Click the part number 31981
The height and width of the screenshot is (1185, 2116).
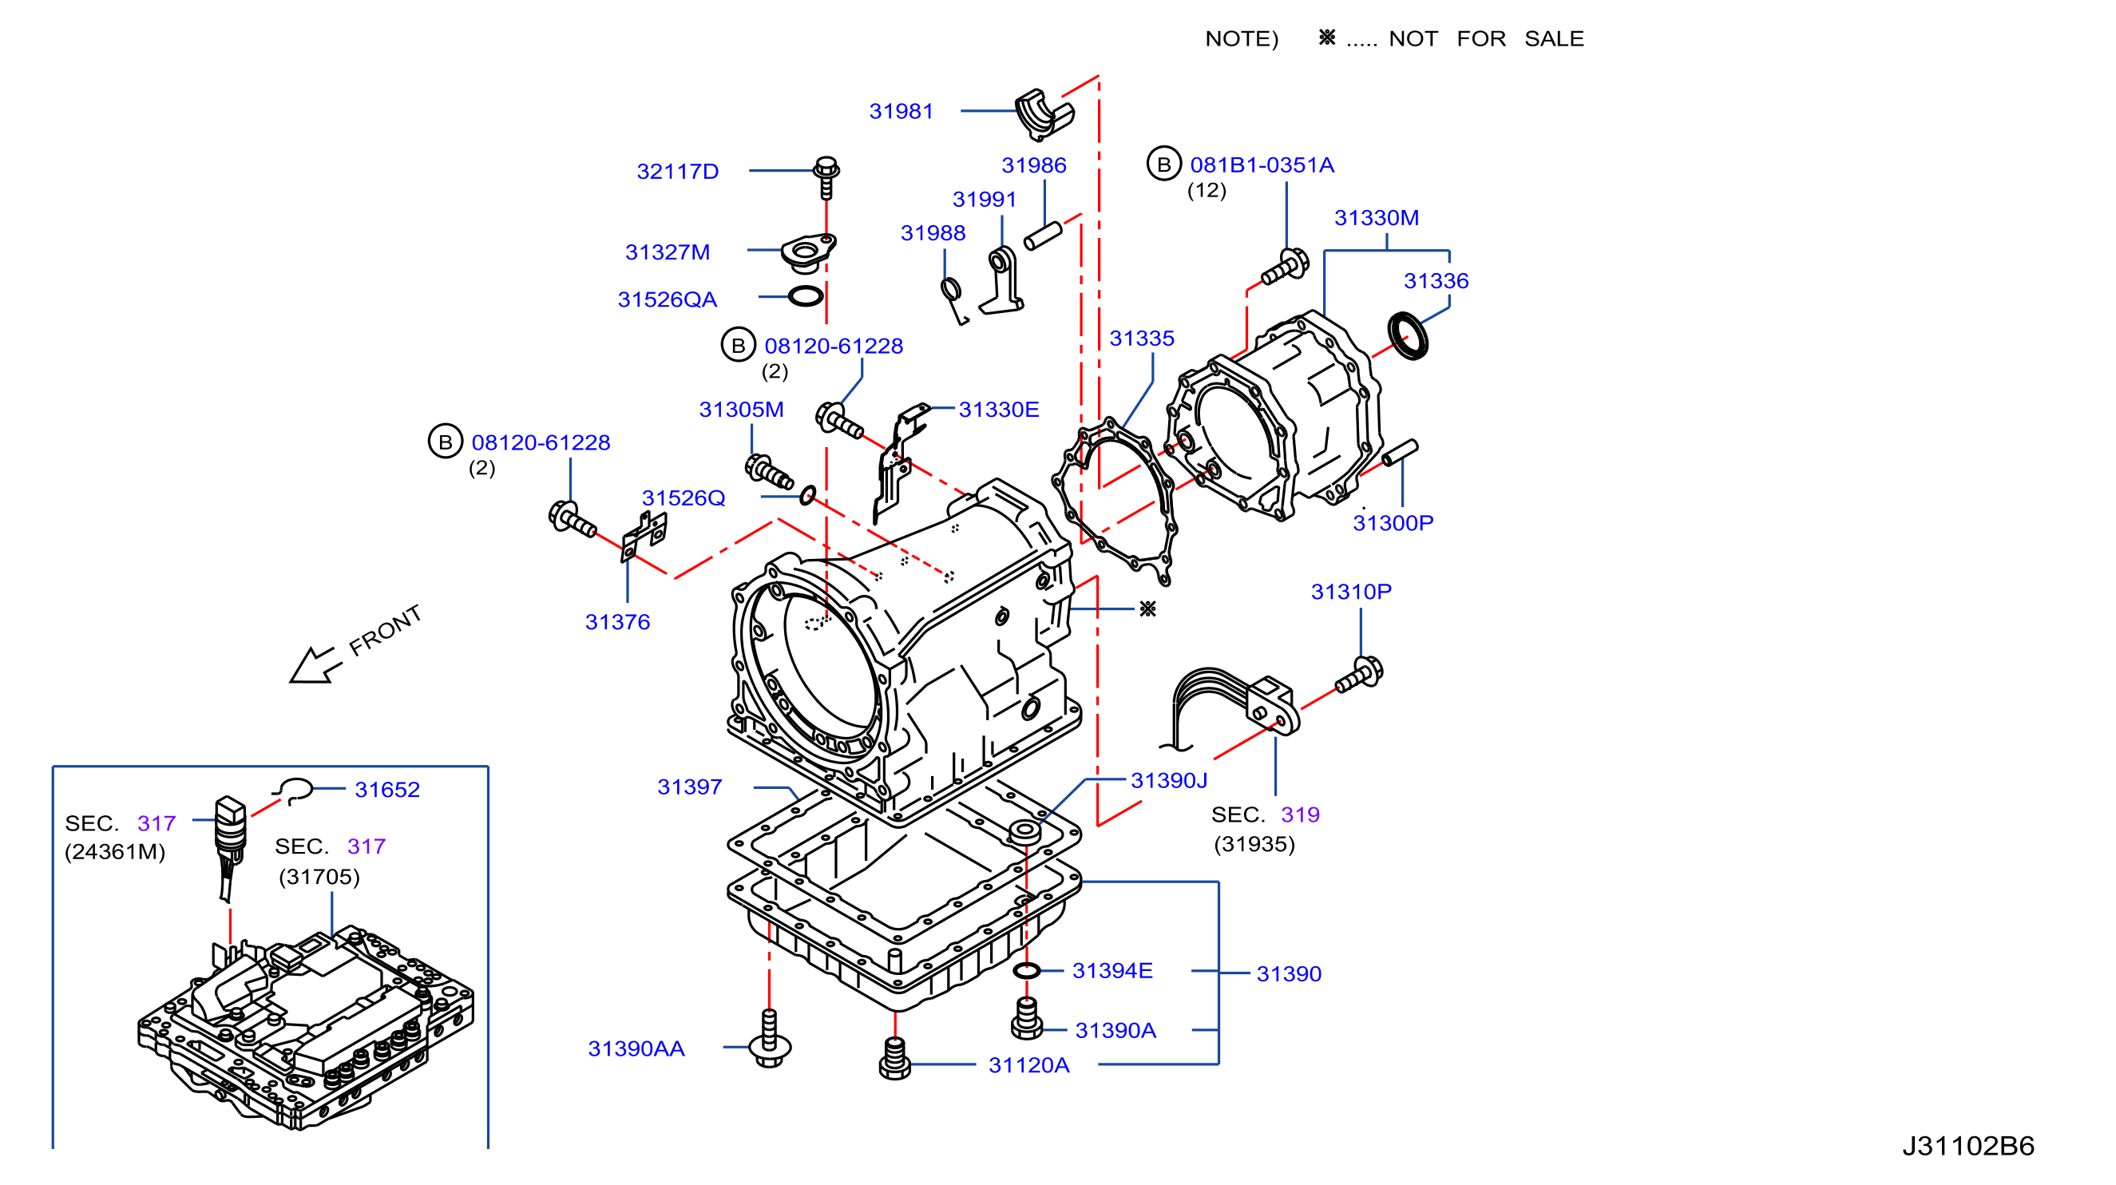coord(901,111)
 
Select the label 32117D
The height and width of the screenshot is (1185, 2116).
coord(678,171)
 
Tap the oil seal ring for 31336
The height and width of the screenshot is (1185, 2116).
coord(1408,335)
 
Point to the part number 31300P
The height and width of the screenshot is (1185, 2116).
coord(1393,522)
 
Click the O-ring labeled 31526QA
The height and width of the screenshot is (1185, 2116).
coord(806,295)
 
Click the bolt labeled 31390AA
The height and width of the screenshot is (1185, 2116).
coord(770,1039)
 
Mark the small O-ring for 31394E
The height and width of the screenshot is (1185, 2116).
coord(1027,971)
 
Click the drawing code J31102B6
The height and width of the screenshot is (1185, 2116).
coord(1968,1146)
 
